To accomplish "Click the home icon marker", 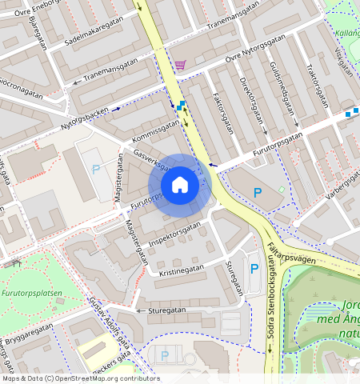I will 180,186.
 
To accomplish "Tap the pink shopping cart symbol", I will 181,65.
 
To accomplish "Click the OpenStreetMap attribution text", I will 80,378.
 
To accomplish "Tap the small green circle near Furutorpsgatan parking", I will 281,189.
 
